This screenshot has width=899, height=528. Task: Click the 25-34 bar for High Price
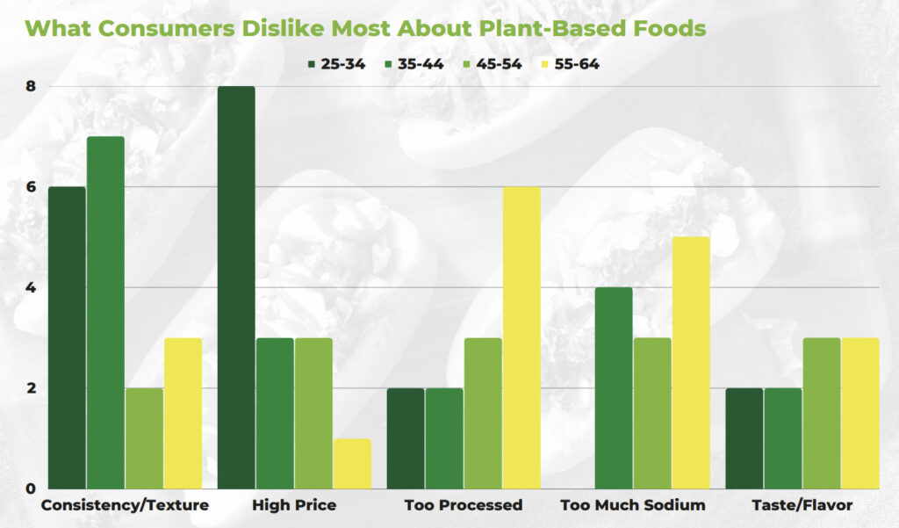pos(236,287)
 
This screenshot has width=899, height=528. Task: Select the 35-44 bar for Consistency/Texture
pos(105,313)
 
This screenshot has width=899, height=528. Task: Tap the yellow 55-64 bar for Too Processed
pos(521,337)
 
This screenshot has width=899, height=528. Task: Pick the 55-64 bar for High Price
pos(352,464)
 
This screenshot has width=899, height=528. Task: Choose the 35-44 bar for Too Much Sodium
pos(613,387)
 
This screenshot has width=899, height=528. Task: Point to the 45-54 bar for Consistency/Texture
pos(144,438)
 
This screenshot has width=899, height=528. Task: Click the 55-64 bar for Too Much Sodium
pos(690,363)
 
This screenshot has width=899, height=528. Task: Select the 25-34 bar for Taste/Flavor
pos(744,438)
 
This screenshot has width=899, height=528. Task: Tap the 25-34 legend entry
pos(336,63)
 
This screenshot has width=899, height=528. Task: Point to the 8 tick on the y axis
pos(30,86)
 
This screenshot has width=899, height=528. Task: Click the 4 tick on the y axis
pos(30,287)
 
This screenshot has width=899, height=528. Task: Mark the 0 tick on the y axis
pos(30,488)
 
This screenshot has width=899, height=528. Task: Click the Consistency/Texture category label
pos(125,505)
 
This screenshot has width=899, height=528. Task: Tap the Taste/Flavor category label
pos(802,505)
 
